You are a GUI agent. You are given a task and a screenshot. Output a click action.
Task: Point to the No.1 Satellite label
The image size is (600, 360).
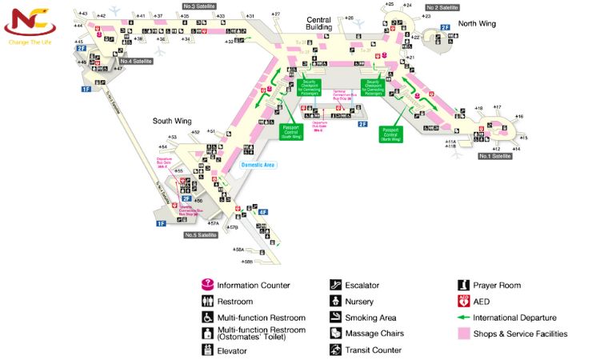[x=494, y=156]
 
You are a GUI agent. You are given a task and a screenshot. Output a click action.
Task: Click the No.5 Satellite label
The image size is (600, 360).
[x=200, y=235]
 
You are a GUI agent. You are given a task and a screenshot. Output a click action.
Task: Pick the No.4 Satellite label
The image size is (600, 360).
[x=135, y=61]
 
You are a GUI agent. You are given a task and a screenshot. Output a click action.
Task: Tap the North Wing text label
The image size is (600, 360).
[x=477, y=23]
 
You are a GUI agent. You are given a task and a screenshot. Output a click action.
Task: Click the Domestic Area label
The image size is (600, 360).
[x=258, y=165]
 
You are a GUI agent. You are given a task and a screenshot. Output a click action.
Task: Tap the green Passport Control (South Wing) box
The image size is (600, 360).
[x=290, y=132]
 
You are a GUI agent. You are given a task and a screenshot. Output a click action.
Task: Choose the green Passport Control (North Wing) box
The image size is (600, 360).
[x=390, y=134]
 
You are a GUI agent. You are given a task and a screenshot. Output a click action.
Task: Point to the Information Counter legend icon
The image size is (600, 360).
[x=206, y=285]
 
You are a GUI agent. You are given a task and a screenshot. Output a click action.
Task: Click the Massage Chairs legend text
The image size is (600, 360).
[x=374, y=334]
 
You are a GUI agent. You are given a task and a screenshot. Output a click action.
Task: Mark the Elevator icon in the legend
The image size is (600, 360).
[x=206, y=350]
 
